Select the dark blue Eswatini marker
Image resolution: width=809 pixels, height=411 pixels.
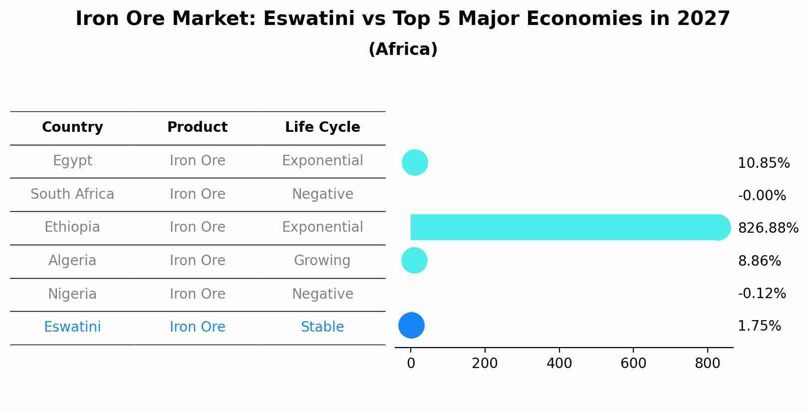pyautogui.click(x=411, y=325)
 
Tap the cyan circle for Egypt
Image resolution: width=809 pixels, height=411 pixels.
pyautogui.click(x=415, y=162)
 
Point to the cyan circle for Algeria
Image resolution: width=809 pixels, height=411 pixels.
pyautogui.click(x=414, y=260)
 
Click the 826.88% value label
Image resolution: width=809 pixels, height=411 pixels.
pyautogui.click(x=768, y=228)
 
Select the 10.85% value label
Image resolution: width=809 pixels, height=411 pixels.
pyautogui.click(x=763, y=163)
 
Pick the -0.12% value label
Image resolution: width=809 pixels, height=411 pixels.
pyautogui.click(x=762, y=293)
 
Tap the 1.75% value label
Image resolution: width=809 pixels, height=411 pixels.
pyautogui.click(x=759, y=326)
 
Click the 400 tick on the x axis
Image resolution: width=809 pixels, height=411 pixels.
pyautogui.click(x=559, y=363)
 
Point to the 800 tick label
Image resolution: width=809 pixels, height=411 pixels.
pyautogui.click(x=707, y=363)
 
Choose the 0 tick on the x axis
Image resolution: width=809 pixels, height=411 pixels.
pyautogui.click(x=411, y=363)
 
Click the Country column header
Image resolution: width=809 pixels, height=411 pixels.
pyautogui.click(x=72, y=127)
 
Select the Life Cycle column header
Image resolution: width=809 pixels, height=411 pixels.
pyautogui.click(x=322, y=127)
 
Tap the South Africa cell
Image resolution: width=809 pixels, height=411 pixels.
pyautogui.click(x=72, y=194)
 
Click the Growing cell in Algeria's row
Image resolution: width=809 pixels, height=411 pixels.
pyautogui.click(x=322, y=260)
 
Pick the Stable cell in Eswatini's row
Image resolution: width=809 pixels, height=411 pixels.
pyautogui.click(x=322, y=327)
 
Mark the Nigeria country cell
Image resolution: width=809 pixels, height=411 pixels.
pyautogui.click(x=72, y=294)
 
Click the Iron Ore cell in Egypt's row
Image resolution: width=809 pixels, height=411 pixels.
pyautogui.click(x=198, y=161)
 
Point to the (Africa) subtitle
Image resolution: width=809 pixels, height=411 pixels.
pyautogui.click(x=403, y=49)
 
